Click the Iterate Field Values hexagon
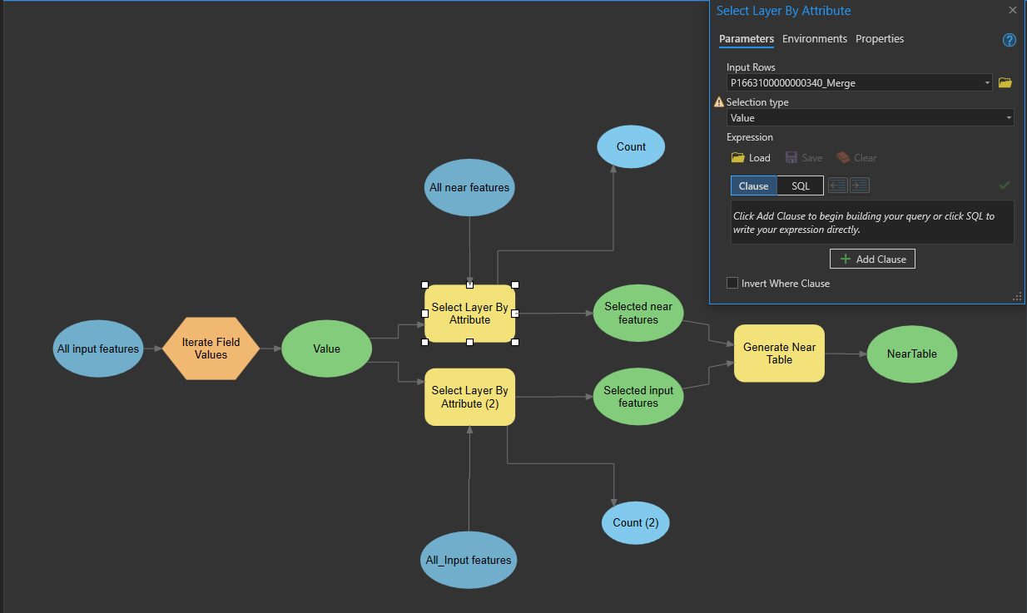pyautogui.click(x=211, y=349)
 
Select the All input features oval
pyautogui.click(x=98, y=349)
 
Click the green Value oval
pyautogui.click(x=326, y=349)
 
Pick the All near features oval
pyautogui.click(x=469, y=187)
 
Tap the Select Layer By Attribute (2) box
pyautogui.click(x=470, y=397)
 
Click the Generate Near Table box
pyautogui.click(x=780, y=353)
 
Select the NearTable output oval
pyautogui.click(x=912, y=353)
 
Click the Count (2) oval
pyautogui.click(x=636, y=522)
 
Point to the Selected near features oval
pyautogui.click(x=638, y=313)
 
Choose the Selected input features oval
pyautogui.click(x=638, y=396)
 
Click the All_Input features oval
pyautogui.click(x=469, y=560)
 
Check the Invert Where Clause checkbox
pyautogui.click(x=732, y=283)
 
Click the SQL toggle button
pyautogui.click(x=801, y=185)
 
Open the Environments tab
pyautogui.click(x=815, y=39)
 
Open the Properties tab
pyautogui.click(x=880, y=39)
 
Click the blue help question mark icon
pyautogui.click(x=1010, y=40)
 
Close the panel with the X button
pyautogui.click(x=1013, y=10)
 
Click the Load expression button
pyautogui.click(x=751, y=157)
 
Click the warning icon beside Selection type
pyautogui.click(x=719, y=101)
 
